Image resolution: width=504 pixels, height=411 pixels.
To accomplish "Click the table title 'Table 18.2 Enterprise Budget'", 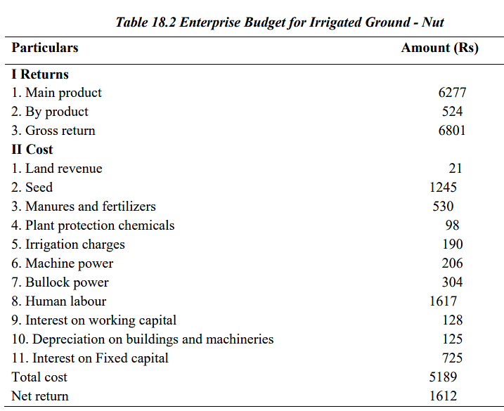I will (x=280, y=22).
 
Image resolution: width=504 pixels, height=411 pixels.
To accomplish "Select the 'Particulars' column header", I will (x=45, y=48).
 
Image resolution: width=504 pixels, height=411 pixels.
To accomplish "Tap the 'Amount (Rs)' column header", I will (x=439, y=48).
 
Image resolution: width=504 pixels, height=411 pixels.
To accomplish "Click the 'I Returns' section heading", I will (x=40, y=74).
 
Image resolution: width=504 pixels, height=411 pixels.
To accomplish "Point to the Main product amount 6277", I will (x=452, y=93).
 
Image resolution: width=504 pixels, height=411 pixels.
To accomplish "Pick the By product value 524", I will (x=452, y=112).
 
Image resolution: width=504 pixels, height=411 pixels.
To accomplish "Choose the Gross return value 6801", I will (x=452, y=131).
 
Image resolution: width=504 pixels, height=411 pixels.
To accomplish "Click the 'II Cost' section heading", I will (x=32, y=150).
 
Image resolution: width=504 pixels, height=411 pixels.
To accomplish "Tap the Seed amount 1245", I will (x=443, y=188).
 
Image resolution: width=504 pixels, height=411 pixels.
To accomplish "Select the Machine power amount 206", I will (x=452, y=263).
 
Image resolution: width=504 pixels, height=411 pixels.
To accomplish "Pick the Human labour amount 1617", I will (x=443, y=301).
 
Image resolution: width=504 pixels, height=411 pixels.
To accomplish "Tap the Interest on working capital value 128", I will (x=452, y=320).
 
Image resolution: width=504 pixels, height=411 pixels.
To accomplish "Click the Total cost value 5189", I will (x=443, y=377).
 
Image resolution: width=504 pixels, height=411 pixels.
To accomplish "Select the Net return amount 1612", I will (x=443, y=396).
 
